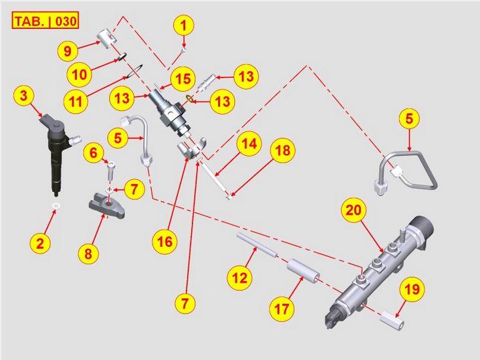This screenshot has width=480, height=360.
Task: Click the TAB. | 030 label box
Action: coord(45,21)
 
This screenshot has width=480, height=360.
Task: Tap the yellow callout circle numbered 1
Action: coord(184,25)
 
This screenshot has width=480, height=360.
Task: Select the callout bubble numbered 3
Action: coord(23,96)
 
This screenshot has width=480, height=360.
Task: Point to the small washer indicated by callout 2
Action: coord(55,206)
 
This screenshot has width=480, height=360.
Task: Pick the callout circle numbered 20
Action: coord(354,210)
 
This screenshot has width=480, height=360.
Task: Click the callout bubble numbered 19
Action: coord(412,289)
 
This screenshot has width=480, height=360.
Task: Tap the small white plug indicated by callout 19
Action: coord(392,322)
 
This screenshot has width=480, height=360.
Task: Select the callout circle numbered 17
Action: coord(282,309)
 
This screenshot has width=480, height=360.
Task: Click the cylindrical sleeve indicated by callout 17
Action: coord(303,272)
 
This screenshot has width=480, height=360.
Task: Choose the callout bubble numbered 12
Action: coord(240,278)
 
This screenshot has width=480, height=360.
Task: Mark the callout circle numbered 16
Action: coord(164,242)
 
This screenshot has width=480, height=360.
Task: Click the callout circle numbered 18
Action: coord(282,150)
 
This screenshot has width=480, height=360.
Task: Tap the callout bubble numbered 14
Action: coord(249,143)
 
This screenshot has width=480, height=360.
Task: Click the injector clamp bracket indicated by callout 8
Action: coord(106,205)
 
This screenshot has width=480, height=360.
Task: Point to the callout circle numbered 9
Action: coord(68,51)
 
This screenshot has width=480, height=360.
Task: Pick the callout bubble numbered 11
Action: coord(76,101)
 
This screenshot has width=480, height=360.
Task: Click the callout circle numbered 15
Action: coord(183,79)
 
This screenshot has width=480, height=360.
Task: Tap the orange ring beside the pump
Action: coord(189,98)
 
